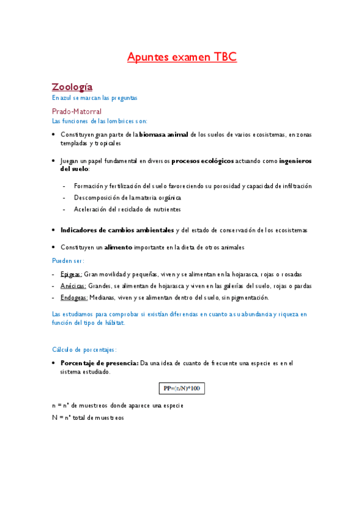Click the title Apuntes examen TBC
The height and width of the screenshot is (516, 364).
pyautogui.click(x=182, y=57)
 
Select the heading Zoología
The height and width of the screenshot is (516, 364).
pyautogui.click(x=72, y=86)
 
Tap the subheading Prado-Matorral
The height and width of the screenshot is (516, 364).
pyautogui.click(x=77, y=111)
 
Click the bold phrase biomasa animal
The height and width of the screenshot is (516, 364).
pyautogui.click(x=163, y=134)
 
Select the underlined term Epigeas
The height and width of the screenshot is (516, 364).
pyautogui.click(x=71, y=274)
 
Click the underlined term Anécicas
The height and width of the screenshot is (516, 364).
pyautogui.click(x=73, y=286)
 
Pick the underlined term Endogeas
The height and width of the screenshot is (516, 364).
pyautogui.click(x=74, y=298)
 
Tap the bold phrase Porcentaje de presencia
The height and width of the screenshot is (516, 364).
pyautogui.click(x=99, y=363)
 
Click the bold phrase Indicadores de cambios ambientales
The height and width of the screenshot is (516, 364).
pyautogui.click(x=117, y=230)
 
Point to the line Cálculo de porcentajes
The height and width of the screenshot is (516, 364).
pyautogui.click(x=84, y=350)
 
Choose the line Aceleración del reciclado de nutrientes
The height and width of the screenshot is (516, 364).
pyautogui.click(x=127, y=209)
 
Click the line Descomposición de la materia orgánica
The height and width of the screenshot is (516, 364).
pyautogui.click(x=127, y=198)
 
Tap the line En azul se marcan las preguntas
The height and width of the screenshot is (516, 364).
pyautogui.click(x=95, y=97)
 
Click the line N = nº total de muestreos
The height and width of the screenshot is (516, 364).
pyautogui.click(x=88, y=417)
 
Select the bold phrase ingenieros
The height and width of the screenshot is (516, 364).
pyautogui.click(x=295, y=161)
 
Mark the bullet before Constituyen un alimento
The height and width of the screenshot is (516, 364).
pyautogui.click(x=54, y=247)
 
